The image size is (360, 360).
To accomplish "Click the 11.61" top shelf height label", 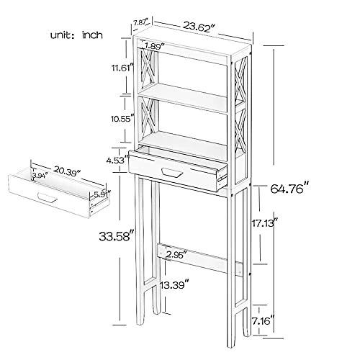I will point(113,69).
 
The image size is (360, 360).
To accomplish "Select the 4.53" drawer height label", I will point(114,161).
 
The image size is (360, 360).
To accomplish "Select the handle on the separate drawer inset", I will point(47,197).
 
